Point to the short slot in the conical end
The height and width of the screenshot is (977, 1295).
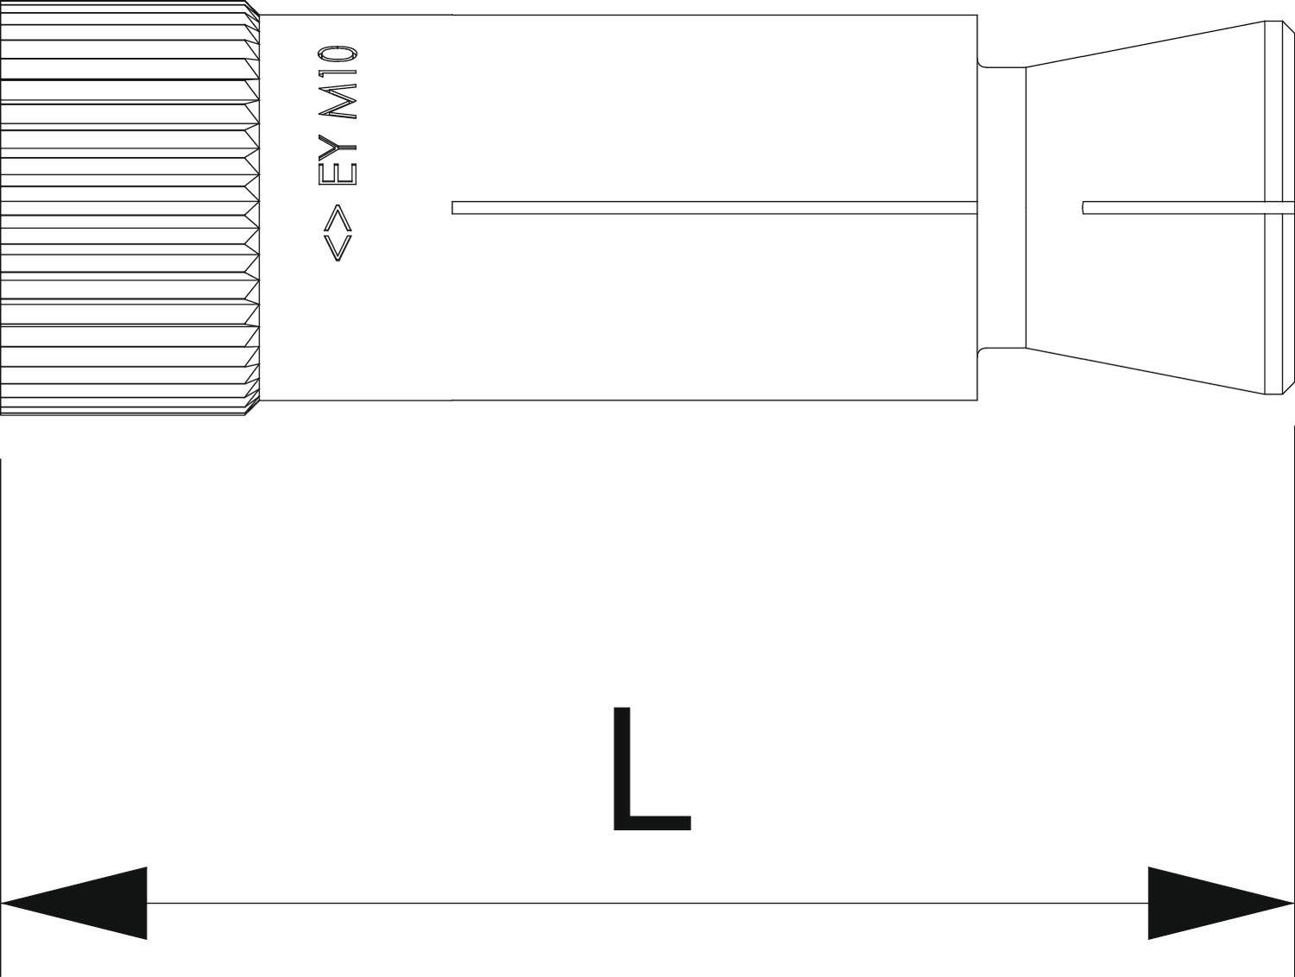pos(1187,208)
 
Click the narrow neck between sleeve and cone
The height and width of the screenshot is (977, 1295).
pos(1001,208)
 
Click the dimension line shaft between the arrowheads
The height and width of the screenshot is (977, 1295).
pos(647,903)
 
